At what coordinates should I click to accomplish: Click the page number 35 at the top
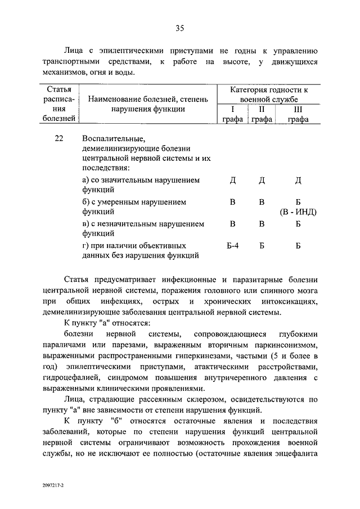(x=180, y=28)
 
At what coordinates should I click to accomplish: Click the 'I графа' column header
(x=232, y=114)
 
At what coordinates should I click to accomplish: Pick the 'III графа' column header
(x=298, y=114)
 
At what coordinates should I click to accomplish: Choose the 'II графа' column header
(x=262, y=114)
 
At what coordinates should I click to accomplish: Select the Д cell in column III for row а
(x=298, y=180)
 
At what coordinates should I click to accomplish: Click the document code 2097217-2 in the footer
(x=53, y=483)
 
